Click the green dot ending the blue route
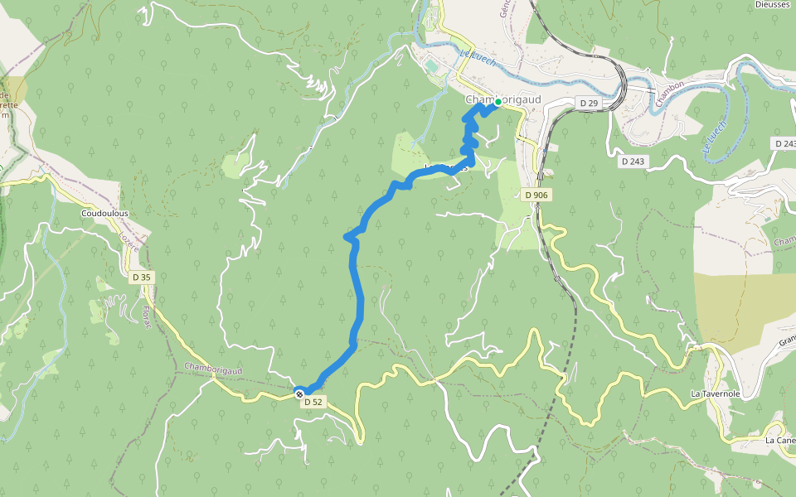click(497, 104)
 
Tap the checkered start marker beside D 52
click(299, 393)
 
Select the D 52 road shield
click(313, 402)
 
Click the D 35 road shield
click(141, 277)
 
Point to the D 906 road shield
click(536, 195)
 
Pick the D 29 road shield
click(589, 103)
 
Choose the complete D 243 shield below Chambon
click(633, 161)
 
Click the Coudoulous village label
click(104, 213)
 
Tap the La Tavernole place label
click(716, 393)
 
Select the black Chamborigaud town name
click(503, 99)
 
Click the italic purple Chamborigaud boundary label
click(213, 369)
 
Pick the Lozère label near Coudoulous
click(129, 242)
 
